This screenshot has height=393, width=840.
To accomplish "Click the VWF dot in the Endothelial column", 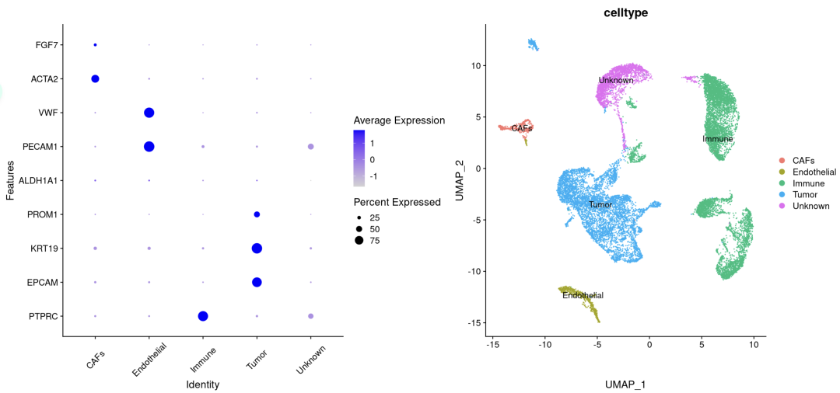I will click(149, 113).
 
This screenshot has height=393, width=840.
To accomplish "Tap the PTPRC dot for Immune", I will click(203, 316).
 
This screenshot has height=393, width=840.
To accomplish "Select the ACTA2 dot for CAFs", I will click(95, 78).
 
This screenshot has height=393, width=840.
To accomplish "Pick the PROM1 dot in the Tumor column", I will click(257, 214).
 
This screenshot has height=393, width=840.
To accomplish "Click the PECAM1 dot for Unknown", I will click(311, 147).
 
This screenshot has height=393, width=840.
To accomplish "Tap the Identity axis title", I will click(203, 384).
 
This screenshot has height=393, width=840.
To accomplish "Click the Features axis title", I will click(10, 180).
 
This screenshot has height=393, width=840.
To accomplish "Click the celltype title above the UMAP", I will click(626, 12).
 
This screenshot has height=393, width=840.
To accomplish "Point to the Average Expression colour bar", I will click(360, 158).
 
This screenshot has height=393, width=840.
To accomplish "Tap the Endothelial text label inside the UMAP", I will click(583, 295).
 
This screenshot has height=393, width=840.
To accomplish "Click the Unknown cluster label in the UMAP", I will click(616, 80).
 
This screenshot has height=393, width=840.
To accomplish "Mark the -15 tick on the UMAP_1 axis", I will click(492, 343).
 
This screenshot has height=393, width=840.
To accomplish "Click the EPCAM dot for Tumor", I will click(257, 282).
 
